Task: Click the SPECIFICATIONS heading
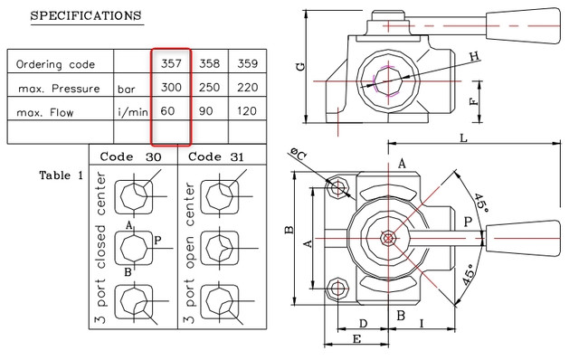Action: (x=86, y=16)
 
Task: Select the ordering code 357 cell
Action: (x=171, y=63)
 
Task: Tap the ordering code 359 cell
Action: (x=247, y=63)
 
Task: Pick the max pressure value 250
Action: (x=209, y=88)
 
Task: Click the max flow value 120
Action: (x=246, y=111)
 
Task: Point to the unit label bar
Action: (x=127, y=90)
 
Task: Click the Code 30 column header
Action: (x=130, y=156)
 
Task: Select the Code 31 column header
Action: (x=216, y=156)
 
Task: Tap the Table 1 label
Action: (x=62, y=175)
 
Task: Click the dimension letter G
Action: (x=301, y=67)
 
